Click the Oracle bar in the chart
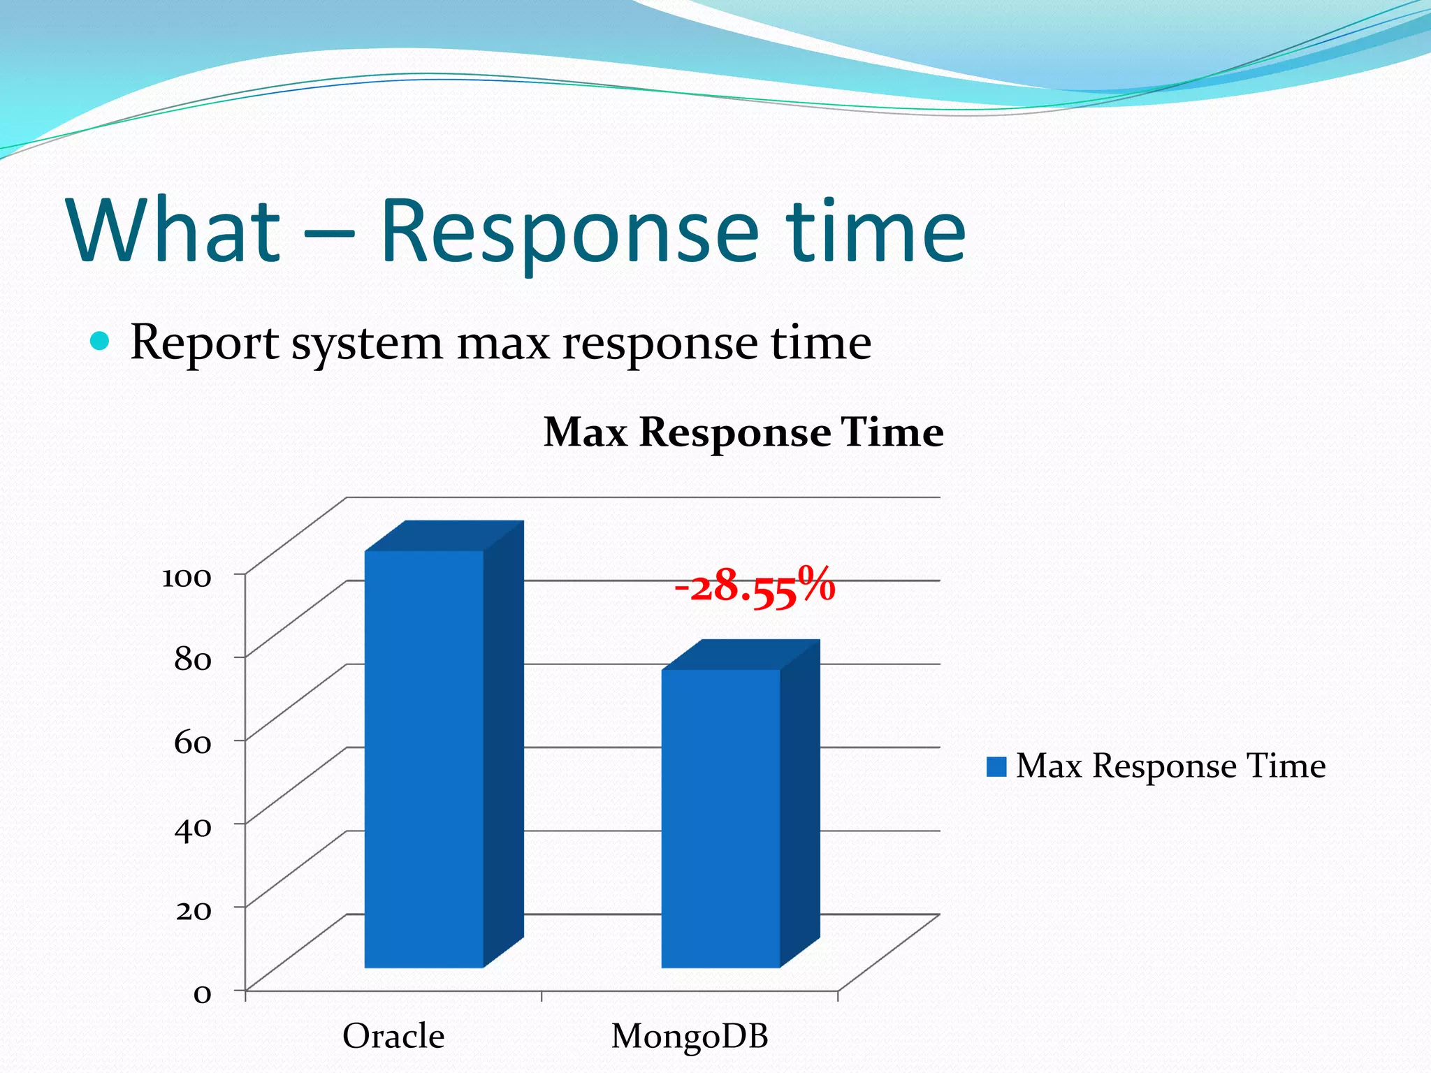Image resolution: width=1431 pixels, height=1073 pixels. pyautogui.click(x=424, y=758)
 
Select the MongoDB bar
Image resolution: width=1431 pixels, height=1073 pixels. pyautogui.click(x=720, y=817)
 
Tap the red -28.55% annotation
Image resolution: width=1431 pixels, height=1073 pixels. pyautogui.click(x=755, y=585)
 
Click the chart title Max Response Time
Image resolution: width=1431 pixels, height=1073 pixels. pyautogui.click(x=743, y=432)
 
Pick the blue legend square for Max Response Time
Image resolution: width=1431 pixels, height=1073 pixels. pyautogui.click(x=996, y=766)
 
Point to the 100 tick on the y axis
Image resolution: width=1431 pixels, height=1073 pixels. pyautogui.click(x=187, y=578)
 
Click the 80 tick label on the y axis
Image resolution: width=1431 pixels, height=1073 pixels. pyautogui.click(x=192, y=659)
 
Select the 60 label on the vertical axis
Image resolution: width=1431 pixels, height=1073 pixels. pyautogui.click(x=192, y=743)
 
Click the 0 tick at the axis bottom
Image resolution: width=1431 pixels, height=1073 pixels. pyautogui.click(x=202, y=993)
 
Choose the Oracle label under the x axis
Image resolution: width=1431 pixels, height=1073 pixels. pyautogui.click(x=393, y=1036)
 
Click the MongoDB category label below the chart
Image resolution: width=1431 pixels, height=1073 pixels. pyautogui.click(x=690, y=1036)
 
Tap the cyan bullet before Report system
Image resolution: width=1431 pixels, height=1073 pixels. pyautogui.click(x=101, y=342)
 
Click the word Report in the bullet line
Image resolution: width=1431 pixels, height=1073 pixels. pyautogui.click(x=205, y=344)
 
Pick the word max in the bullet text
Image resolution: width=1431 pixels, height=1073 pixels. pyautogui.click(x=503, y=344)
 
